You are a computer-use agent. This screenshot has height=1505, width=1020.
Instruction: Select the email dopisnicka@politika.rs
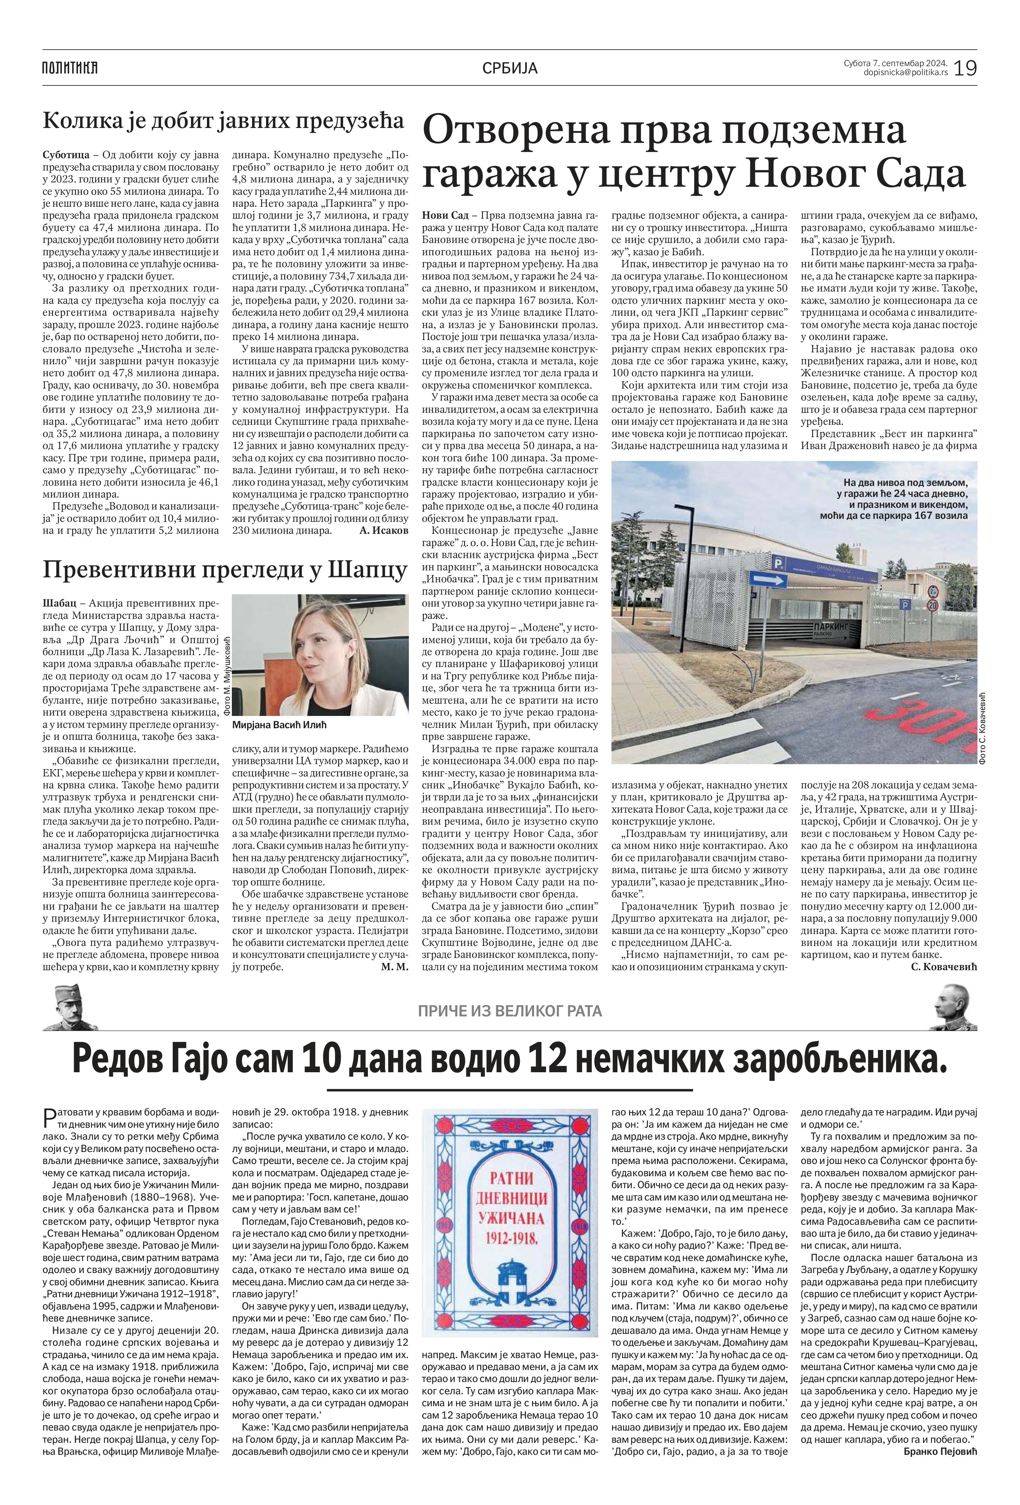(905, 72)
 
